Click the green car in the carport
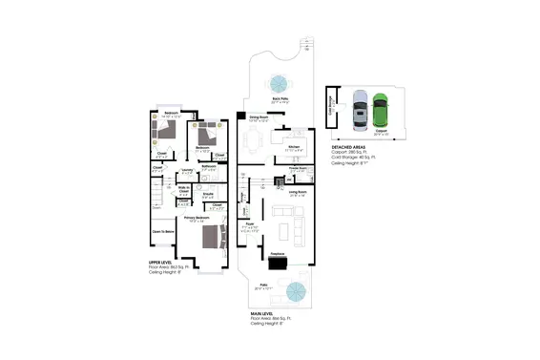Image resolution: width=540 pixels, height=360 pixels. [381, 110]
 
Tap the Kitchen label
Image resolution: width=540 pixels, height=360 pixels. [293, 146]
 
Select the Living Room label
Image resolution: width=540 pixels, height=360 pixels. [297, 192]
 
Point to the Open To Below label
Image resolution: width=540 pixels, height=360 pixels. [162, 231]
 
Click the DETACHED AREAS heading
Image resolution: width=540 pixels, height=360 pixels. [350, 146]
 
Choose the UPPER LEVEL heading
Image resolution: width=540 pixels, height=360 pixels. [160, 261]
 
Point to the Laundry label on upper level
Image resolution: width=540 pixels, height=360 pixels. [187, 169]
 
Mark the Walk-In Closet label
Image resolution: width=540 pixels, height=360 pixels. [182, 188]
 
